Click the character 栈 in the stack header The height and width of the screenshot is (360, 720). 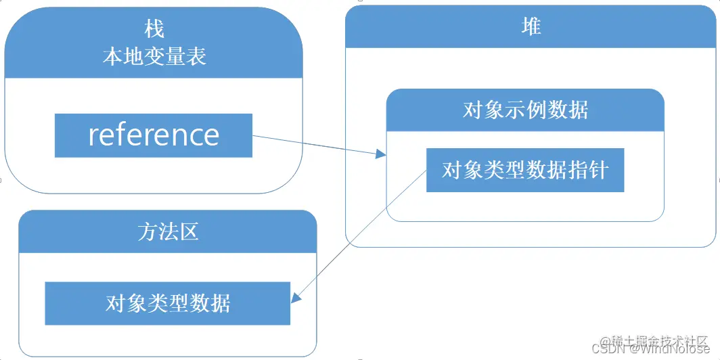click(154, 29)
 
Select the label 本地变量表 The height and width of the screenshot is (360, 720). click(154, 56)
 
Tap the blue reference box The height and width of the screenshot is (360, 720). click(153, 135)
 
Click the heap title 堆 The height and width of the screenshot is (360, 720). click(531, 26)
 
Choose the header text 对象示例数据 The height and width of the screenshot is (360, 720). click(525, 110)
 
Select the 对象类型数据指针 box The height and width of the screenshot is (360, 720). click(524, 170)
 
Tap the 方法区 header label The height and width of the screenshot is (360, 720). click(167, 231)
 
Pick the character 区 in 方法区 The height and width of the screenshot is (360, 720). click(189, 231)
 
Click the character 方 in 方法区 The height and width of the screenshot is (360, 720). click(147, 231)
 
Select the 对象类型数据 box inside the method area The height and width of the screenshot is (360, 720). click(167, 303)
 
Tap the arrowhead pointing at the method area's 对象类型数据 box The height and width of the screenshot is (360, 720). click(295, 298)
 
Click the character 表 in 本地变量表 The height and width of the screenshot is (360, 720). click(196, 56)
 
